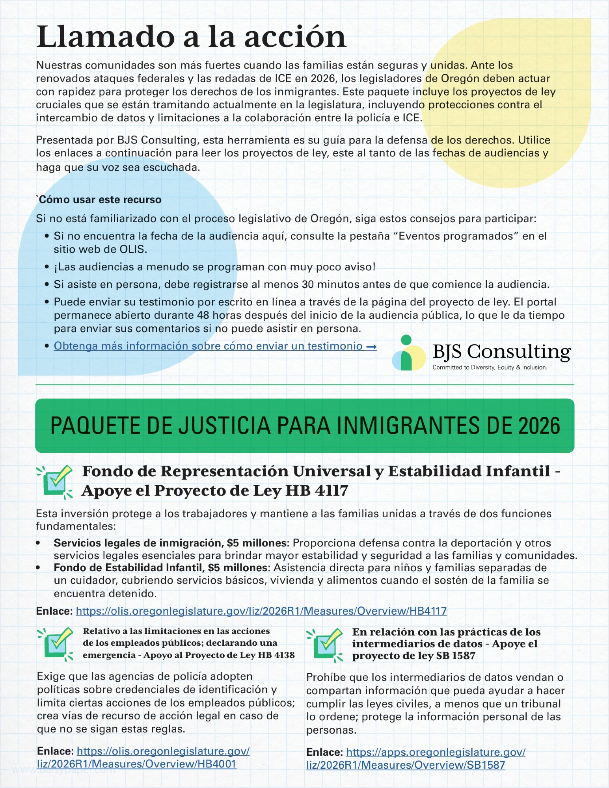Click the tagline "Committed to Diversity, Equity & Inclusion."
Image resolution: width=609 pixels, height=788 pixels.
[x=490, y=368]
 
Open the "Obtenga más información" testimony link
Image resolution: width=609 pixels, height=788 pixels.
[x=215, y=346]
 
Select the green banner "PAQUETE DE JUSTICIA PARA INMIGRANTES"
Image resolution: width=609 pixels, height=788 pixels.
[x=305, y=426]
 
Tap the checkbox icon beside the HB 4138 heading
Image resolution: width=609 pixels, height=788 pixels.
[x=56, y=643]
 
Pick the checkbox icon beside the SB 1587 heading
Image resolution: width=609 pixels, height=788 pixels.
[x=326, y=644]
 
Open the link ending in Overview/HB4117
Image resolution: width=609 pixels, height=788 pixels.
[x=261, y=611]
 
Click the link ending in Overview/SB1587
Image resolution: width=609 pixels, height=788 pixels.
[x=415, y=758]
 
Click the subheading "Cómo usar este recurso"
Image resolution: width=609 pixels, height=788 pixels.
[x=100, y=200]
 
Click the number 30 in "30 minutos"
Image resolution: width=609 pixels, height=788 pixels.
[x=307, y=284]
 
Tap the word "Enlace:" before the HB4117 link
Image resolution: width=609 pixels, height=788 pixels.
[x=54, y=611]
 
